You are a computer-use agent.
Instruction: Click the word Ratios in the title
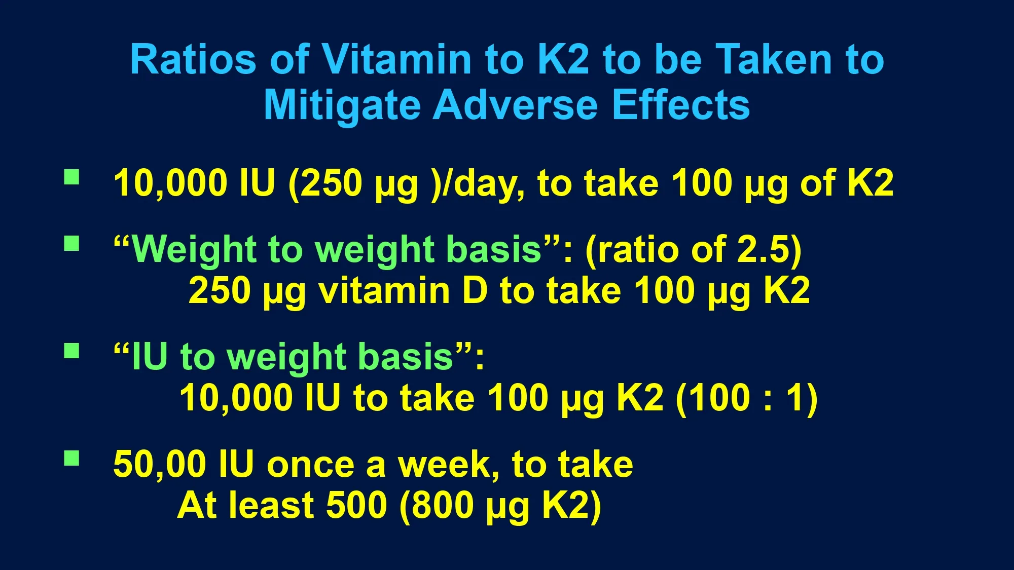pos(193,59)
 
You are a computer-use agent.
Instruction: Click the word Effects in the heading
pos(681,105)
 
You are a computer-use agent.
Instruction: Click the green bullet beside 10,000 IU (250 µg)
pos(72,177)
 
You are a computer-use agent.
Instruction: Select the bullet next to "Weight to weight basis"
pos(72,244)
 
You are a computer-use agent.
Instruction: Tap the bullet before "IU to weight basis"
pos(72,351)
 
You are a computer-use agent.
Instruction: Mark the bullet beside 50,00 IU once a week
pos(72,458)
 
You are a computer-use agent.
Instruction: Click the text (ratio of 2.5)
pos(694,250)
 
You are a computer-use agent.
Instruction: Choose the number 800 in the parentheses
pos(443,505)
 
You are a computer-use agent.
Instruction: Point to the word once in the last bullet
pos(311,465)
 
